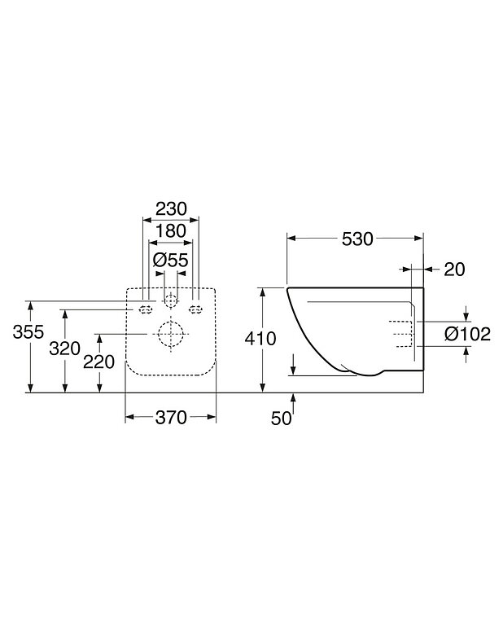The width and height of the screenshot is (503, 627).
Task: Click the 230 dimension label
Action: [x=171, y=209]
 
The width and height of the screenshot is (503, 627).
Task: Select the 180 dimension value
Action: [x=170, y=232]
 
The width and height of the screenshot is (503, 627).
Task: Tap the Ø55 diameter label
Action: [x=171, y=260]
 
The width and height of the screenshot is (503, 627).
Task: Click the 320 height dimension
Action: [x=65, y=349]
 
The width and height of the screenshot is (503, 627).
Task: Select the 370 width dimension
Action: [x=171, y=417]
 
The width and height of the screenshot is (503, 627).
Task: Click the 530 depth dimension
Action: [x=356, y=239]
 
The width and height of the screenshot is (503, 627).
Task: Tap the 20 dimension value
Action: [x=454, y=270]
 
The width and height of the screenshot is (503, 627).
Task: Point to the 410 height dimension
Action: [x=265, y=338]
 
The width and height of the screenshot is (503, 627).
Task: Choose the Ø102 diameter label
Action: [x=467, y=334]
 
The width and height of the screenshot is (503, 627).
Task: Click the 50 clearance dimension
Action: [x=281, y=418]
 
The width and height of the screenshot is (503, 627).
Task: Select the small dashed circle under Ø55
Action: [x=170, y=300]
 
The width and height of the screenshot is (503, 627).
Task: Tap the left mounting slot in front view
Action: [x=147, y=309]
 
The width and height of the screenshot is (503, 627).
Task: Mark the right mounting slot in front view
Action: [x=195, y=309]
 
